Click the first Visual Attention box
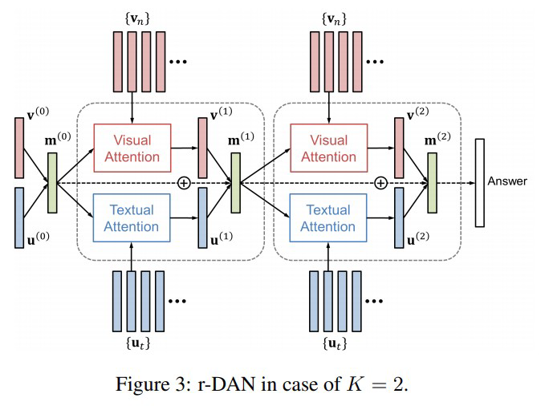click(132, 148)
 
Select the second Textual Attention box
click(328, 218)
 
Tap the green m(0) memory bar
click(52, 183)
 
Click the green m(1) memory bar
click(235, 183)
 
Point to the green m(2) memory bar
click(432, 183)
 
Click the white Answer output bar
click(479, 183)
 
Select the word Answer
click(507, 181)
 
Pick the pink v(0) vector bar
click(19, 148)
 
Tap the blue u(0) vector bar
click(19, 218)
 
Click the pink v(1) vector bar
click(202, 148)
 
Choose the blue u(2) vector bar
click(399, 218)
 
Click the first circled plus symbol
click(184, 183)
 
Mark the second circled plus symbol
click(380, 183)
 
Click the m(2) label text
click(437, 139)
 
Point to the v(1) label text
click(222, 113)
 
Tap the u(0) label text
click(38, 238)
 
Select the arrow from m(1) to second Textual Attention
click(265, 201)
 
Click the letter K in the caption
click(355, 383)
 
